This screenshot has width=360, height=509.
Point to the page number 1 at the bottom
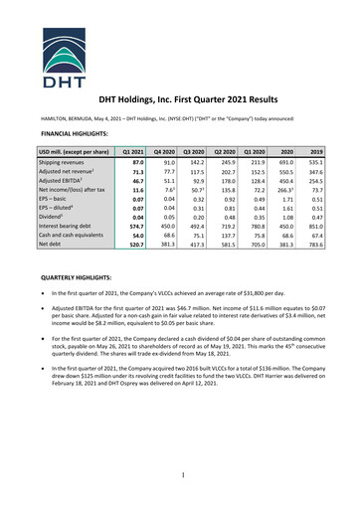(180, 481)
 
